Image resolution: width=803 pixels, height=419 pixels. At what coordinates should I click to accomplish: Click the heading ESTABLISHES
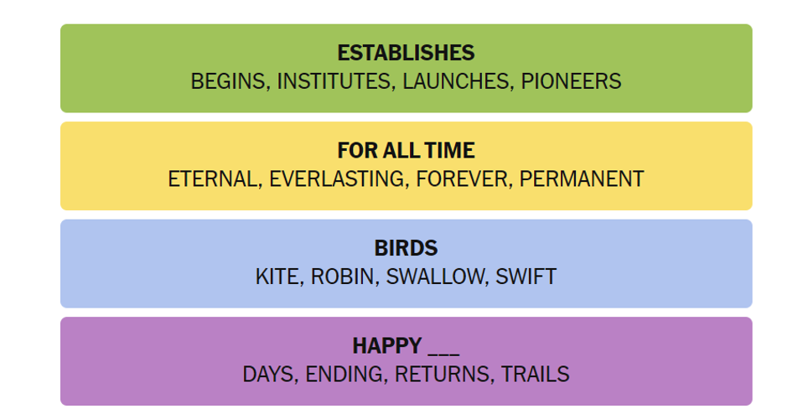point(406,53)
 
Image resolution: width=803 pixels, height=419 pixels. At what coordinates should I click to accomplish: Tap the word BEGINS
point(228,81)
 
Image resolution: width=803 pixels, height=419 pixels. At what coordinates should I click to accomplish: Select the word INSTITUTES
point(334,81)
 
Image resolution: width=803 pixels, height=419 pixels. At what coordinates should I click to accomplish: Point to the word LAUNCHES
point(456,81)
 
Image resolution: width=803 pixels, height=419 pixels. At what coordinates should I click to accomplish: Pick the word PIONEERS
point(571,81)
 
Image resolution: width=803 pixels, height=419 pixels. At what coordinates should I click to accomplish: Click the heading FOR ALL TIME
point(406,151)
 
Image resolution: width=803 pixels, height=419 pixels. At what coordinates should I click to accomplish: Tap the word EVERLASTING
point(336,179)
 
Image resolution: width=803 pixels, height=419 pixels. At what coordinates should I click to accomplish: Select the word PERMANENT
point(581,179)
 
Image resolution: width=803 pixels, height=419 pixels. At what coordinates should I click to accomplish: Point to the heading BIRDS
point(406,248)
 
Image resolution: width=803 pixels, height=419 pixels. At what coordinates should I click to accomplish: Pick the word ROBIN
point(343,277)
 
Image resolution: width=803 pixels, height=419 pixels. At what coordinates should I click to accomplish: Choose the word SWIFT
point(526,277)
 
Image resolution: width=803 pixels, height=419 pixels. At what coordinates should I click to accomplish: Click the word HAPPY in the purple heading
point(387,346)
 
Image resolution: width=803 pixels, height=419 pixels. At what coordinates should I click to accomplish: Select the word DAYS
point(268,375)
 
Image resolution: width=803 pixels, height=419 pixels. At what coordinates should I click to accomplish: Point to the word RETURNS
point(442,375)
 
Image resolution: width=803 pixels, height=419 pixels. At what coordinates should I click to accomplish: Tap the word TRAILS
point(535,375)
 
